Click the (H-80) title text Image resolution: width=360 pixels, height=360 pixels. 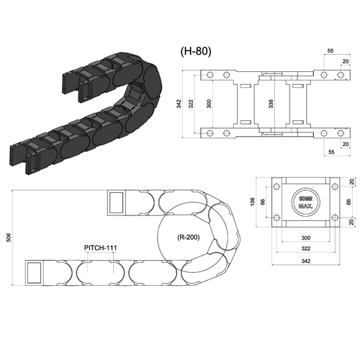[x=196, y=51]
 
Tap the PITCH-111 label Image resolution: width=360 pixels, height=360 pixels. [x=101, y=248]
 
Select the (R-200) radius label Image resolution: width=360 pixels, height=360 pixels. [x=189, y=238]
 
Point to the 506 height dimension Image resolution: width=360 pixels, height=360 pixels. [x=8, y=238]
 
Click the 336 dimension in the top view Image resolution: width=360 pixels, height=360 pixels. [x=271, y=104]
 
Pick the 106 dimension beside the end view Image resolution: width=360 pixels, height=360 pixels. [x=252, y=202]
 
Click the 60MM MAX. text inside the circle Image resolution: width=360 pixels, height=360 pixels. [x=306, y=202]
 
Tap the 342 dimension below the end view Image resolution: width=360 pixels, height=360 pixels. [x=306, y=261]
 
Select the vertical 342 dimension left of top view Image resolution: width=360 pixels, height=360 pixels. [x=179, y=104]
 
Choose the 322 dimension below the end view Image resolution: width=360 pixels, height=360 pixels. [x=306, y=248]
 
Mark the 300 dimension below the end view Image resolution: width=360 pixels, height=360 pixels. [x=306, y=238]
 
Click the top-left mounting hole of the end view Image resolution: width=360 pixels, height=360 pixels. [x=276, y=186]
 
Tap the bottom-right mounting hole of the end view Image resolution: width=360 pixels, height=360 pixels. [x=335, y=217]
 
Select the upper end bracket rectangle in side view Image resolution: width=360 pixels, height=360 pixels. [x=116, y=202]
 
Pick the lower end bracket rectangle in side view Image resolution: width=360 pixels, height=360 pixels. [x=35, y=273]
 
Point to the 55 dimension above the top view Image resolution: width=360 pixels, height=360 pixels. [x=330, y=51]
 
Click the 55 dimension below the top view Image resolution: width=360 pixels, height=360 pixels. [x=331, y=152]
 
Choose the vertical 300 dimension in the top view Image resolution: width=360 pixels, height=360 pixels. [x=209, y=104]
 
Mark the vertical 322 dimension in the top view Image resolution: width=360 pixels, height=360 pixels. [x=191, y=104]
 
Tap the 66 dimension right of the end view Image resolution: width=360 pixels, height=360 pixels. [x=348, y=202]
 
